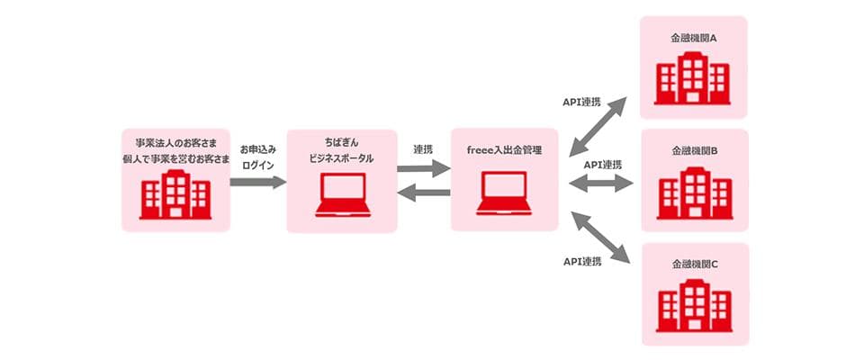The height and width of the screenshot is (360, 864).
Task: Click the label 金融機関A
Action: pos(694,40)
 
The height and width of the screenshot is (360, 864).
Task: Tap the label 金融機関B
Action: pos(694,153)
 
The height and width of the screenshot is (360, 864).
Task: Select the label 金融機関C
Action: pos(694,265)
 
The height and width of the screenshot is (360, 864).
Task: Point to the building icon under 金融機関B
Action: pos(694,193)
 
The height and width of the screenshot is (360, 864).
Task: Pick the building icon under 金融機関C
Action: pos(694,306)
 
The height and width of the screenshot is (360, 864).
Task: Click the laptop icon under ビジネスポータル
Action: pos(342,195)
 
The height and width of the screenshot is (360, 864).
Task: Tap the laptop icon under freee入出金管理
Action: pos(505,195)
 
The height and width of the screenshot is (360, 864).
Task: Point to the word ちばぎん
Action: pos(342,142)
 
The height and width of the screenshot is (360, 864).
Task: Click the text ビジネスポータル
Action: pos(342,158)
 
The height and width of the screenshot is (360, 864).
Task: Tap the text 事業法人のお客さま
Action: pos(175,142)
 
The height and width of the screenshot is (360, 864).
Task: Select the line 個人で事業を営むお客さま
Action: pos(175,158)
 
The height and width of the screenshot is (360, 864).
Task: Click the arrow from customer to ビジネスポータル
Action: pos(257,182)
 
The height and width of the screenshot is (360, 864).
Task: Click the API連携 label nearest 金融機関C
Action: pos(582,261)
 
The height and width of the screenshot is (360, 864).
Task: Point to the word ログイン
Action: pos(257,165)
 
